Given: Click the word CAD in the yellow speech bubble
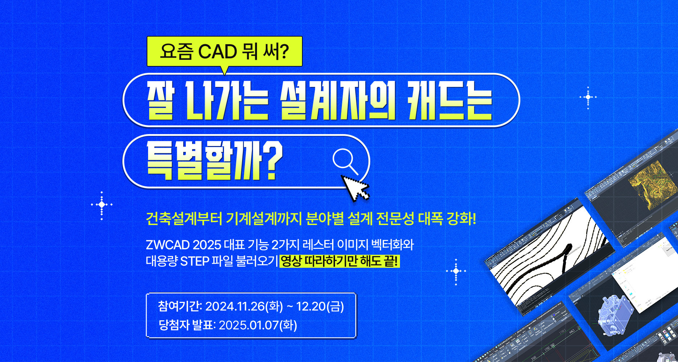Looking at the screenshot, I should tap(217, 51).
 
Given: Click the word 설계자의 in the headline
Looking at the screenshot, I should tap(338, 100).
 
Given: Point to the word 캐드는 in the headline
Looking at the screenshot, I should tap(450, 100).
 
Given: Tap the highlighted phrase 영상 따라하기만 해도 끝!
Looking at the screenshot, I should tap(340, 261).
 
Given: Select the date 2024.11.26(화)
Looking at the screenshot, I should tap(244, 307).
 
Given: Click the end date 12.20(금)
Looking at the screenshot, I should tap(320, 307).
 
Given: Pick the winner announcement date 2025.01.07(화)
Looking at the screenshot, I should tap(258, 325).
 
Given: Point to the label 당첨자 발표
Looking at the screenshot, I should tap(187, 325).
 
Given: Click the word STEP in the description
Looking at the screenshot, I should tap(195, 261).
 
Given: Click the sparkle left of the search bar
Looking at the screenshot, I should tap(102, 205).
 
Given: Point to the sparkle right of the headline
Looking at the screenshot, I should tap(588, 97).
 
